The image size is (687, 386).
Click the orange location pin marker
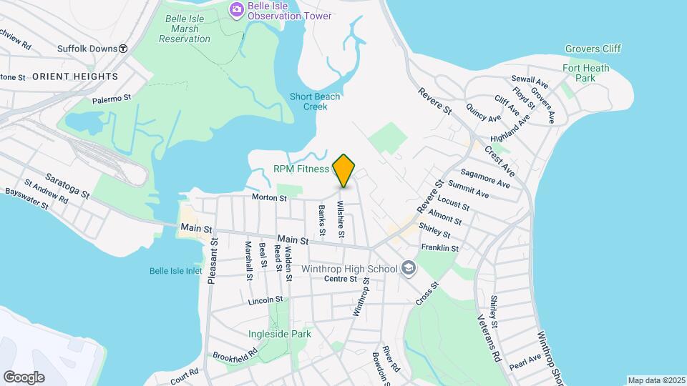[344, 170]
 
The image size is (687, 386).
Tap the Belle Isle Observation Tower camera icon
[235, 9]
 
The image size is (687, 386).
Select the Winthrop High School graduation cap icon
[409, 269]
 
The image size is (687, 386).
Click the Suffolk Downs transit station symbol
[123, 49]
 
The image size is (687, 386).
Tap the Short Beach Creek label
[315, 102]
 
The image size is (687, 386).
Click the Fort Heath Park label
[585, 73]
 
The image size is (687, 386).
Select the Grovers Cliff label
[593, 49]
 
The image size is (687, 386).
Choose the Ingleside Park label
[280, 334]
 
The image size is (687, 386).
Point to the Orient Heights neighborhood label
[75, 76]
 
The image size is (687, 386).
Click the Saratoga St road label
[67, 185]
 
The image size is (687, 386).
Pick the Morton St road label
[269, 198]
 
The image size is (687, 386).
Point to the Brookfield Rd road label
[235, 355]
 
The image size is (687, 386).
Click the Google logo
[24, 377]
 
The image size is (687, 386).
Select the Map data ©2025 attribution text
[656, 380]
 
